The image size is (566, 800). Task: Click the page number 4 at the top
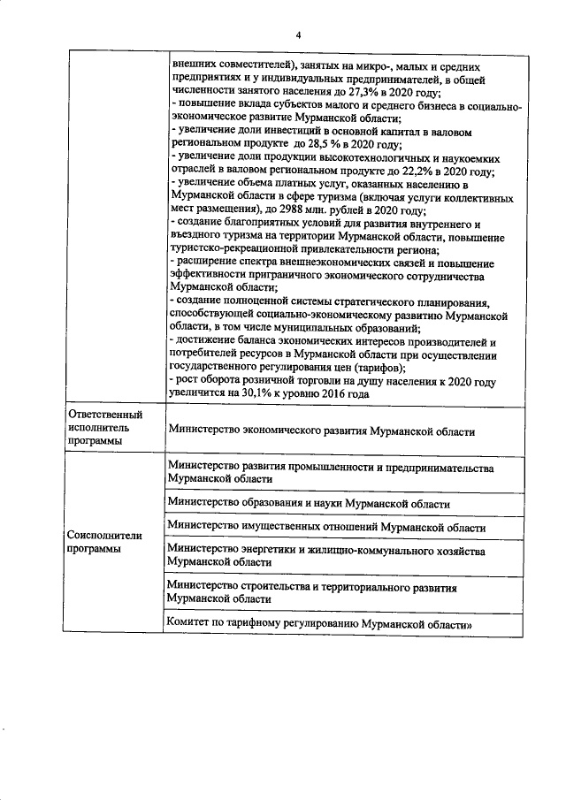point(299,34)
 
